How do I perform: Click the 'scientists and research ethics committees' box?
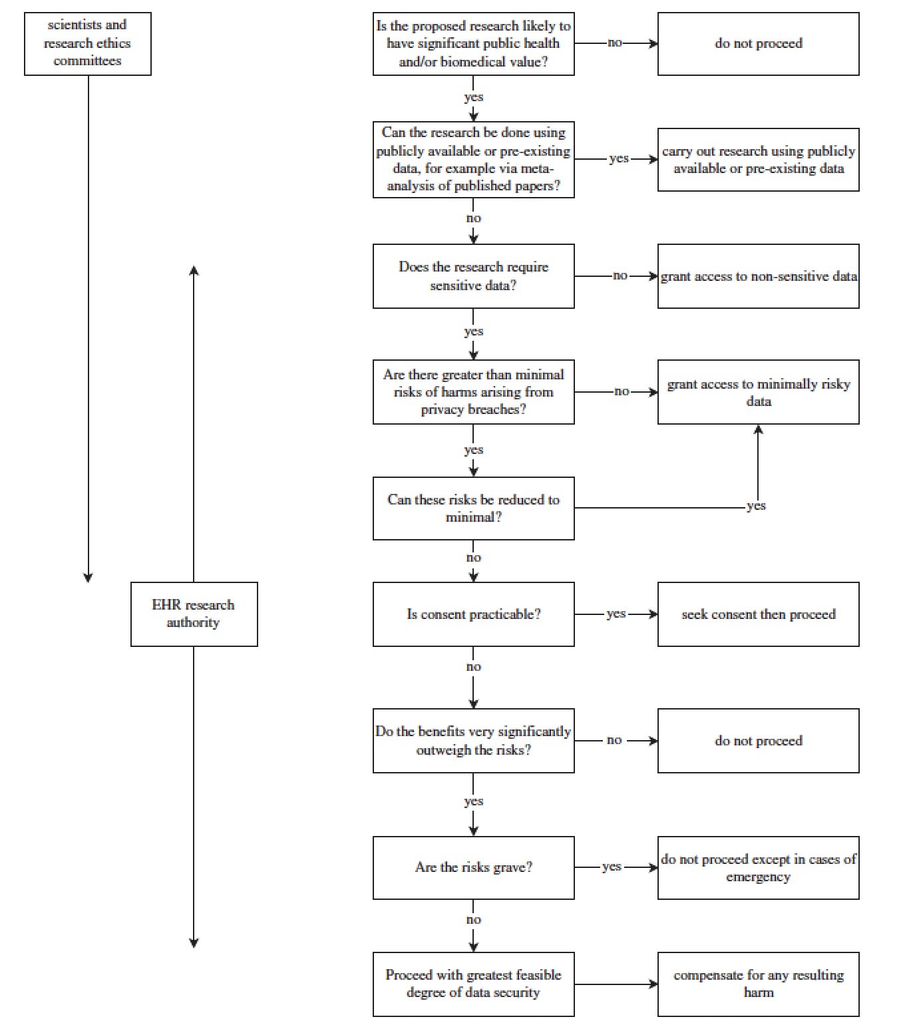pos(88,44)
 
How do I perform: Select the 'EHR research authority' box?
pos(194,614)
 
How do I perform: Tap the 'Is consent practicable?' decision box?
pos(474,614)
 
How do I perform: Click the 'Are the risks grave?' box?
pos(474,867)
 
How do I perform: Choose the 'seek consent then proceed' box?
pos(758,614)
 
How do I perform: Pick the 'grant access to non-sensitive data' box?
pos(758,276)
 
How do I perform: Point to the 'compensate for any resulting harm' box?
pos(758,984)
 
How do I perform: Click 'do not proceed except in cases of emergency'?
pos(758,867)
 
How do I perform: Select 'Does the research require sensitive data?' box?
pos(474,276)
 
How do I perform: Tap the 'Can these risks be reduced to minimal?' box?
pos(474,508)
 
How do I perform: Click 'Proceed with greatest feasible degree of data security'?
pos(474,984)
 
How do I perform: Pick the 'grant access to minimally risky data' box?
pos(758,392)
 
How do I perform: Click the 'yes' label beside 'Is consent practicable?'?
pos(616,614)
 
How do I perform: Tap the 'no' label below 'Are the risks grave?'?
pos(474,919)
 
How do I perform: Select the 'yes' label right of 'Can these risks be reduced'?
pos(756,506)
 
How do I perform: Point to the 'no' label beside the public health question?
pos(615,43)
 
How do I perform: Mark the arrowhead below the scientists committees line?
pos(88,577)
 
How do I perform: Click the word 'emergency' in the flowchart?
pos(758,877)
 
